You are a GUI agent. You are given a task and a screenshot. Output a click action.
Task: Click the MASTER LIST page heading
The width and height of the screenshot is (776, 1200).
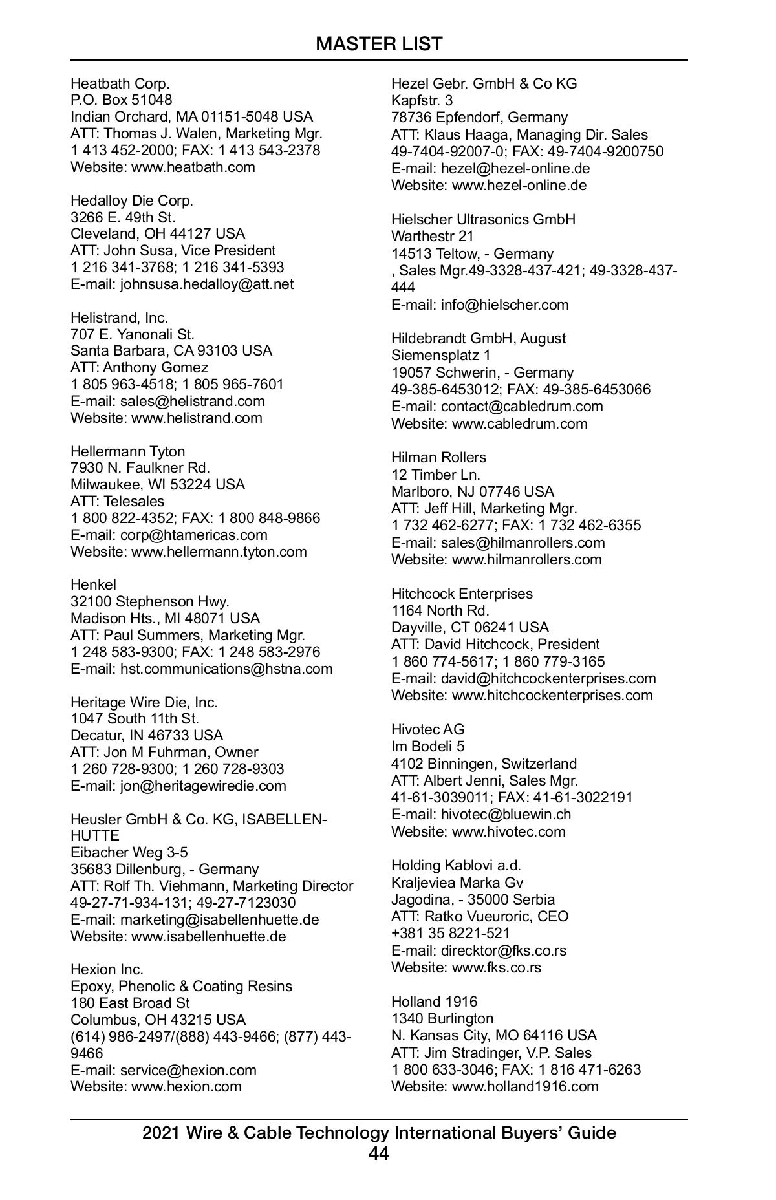coord(379,44)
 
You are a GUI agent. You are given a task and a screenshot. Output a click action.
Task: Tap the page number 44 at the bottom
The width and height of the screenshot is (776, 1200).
coord(379,1153)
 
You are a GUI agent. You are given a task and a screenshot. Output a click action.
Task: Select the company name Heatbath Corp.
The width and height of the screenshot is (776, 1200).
coord(120,83)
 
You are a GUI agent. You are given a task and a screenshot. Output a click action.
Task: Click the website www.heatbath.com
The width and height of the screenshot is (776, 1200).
coord(193,167)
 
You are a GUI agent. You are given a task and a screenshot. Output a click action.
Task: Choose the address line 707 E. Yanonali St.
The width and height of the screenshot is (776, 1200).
coord(133,334)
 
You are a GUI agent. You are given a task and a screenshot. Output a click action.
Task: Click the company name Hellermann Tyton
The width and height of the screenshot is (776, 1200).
coord(127,451)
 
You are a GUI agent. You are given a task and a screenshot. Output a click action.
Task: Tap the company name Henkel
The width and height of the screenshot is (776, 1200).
coord(93,584)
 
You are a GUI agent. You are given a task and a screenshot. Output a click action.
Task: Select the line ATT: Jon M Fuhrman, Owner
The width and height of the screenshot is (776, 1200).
coord(164,752)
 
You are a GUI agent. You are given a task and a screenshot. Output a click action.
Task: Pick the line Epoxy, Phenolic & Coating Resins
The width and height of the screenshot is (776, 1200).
coord(181,986)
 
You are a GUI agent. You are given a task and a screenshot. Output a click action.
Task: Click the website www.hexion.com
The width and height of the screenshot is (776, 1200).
coord(186,1086)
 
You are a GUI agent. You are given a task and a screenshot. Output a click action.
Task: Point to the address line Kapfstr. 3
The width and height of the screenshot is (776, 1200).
coord(422,100)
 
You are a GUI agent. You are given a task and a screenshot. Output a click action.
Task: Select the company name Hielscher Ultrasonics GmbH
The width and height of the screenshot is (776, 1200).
coord(483,219)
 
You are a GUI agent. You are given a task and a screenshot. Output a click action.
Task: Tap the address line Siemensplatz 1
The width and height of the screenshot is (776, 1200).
coord(440,355)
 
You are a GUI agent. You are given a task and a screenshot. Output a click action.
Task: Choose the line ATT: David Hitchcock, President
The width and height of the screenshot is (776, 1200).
coord(495,644)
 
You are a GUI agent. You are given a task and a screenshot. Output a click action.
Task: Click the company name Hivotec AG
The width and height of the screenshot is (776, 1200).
coord(427,729)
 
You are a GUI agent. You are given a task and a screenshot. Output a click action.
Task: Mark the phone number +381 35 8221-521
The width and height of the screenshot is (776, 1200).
coord(450,933)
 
